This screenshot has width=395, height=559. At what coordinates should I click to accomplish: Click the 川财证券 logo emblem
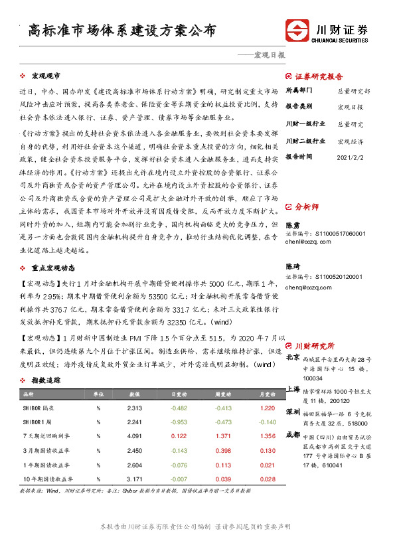pos(297,31)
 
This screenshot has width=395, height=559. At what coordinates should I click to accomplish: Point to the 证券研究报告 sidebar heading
pos(319,76)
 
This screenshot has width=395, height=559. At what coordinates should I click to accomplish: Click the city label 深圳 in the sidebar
pos(292,412)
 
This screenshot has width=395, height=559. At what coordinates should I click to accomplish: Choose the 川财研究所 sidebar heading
pos(315,346)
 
